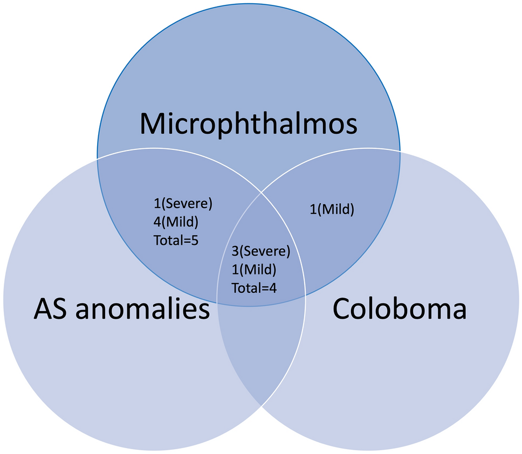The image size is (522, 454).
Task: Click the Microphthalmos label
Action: point(248,124)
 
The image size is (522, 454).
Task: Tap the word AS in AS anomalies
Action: point(52,309)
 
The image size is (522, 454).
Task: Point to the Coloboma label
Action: point(399,309)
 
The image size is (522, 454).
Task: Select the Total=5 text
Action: point(176,240)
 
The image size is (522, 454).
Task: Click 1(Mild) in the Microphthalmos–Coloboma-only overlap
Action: point(332,209)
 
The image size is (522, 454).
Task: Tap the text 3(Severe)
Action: point(261,251)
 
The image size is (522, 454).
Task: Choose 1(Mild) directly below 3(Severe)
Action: point(253,269)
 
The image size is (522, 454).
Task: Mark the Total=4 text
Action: point(254,287)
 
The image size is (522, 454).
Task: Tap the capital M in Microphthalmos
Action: point(152,124)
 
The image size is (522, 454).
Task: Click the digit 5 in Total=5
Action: point(195,240)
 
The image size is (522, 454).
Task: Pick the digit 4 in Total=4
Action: point(273,287)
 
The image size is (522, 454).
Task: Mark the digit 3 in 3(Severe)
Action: point(235,251)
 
